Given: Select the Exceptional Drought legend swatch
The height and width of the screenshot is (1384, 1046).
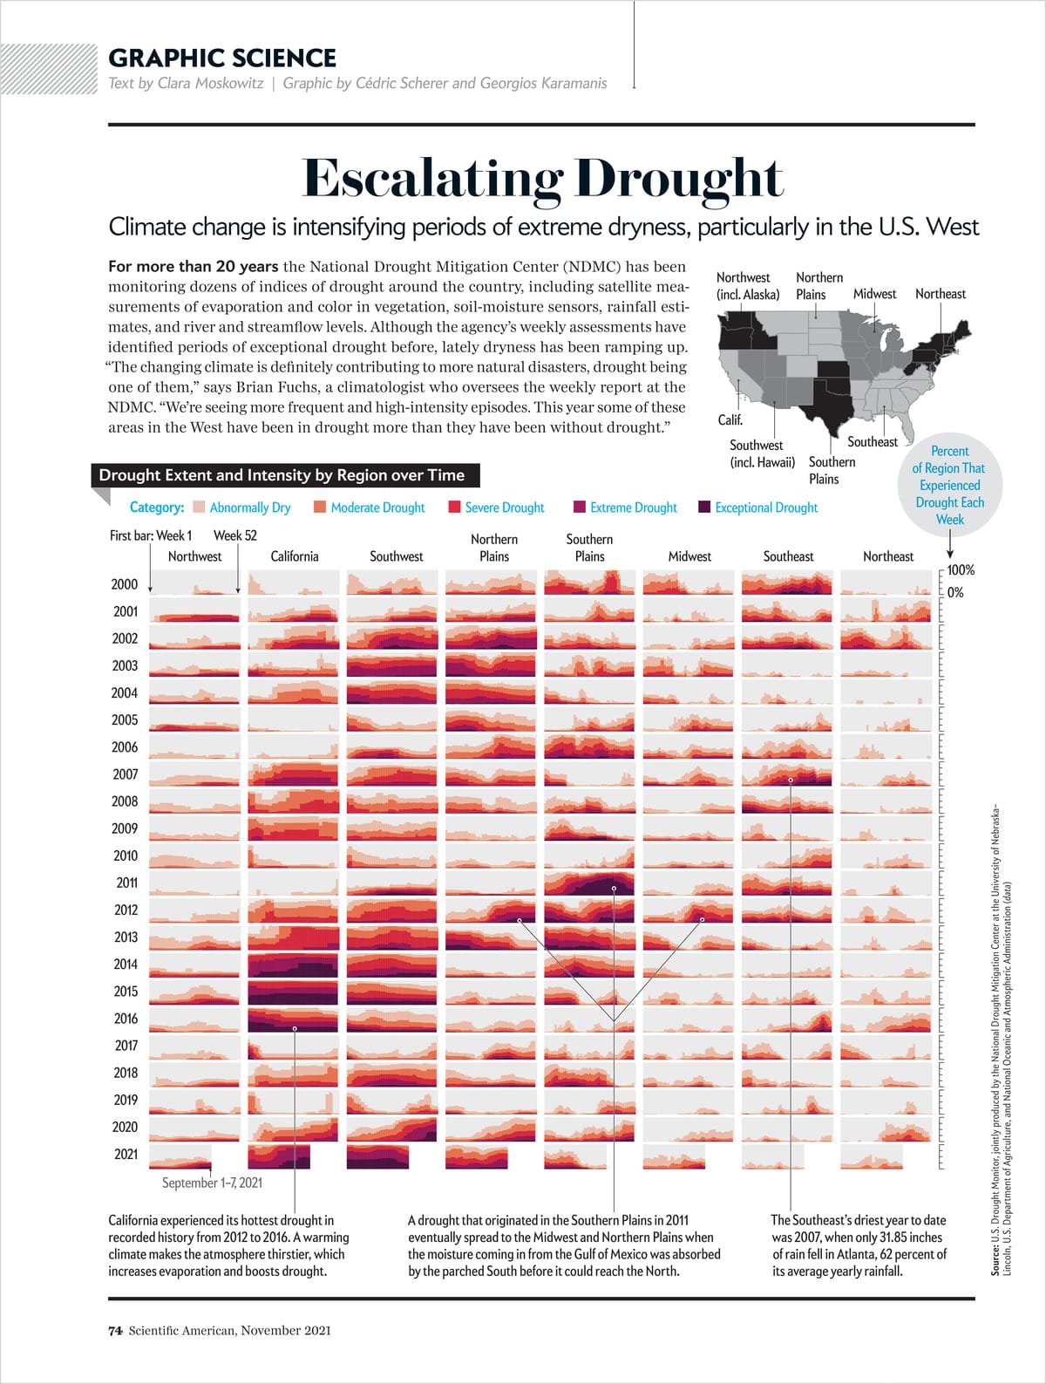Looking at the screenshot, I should click(704, 508).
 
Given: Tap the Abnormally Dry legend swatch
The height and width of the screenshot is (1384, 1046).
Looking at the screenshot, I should click(199, 508).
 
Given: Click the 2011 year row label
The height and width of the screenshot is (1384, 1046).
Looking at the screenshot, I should click(126, 883).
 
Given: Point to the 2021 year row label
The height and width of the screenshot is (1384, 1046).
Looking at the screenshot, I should click(126, 1154).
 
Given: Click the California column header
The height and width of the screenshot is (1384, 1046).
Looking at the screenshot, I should click(295, 556).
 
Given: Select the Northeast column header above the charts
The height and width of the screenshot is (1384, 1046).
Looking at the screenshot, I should click(887, 556).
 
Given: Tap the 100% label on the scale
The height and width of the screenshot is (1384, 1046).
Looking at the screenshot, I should click(961, 570).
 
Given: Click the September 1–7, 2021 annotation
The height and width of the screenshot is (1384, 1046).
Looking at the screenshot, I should click(212, 1183).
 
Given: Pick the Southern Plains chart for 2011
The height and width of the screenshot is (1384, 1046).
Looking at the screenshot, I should click(589, 883).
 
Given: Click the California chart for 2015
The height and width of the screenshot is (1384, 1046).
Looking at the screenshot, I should click(293, 992).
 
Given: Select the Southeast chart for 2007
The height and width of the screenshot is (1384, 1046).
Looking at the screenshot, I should click(787, 774).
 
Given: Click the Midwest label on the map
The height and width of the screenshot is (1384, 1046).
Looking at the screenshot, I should click(874, 294).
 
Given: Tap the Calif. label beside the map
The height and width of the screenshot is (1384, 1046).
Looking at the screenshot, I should click(730, 419).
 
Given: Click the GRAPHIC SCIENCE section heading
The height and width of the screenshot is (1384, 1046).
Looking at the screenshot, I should click(221, 58).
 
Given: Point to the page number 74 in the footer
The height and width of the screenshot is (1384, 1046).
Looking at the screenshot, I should click(114, 1331).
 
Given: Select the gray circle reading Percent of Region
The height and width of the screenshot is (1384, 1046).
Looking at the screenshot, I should click(949, 485).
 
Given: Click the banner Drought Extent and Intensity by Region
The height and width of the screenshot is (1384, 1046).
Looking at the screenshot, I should click(282, 475).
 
